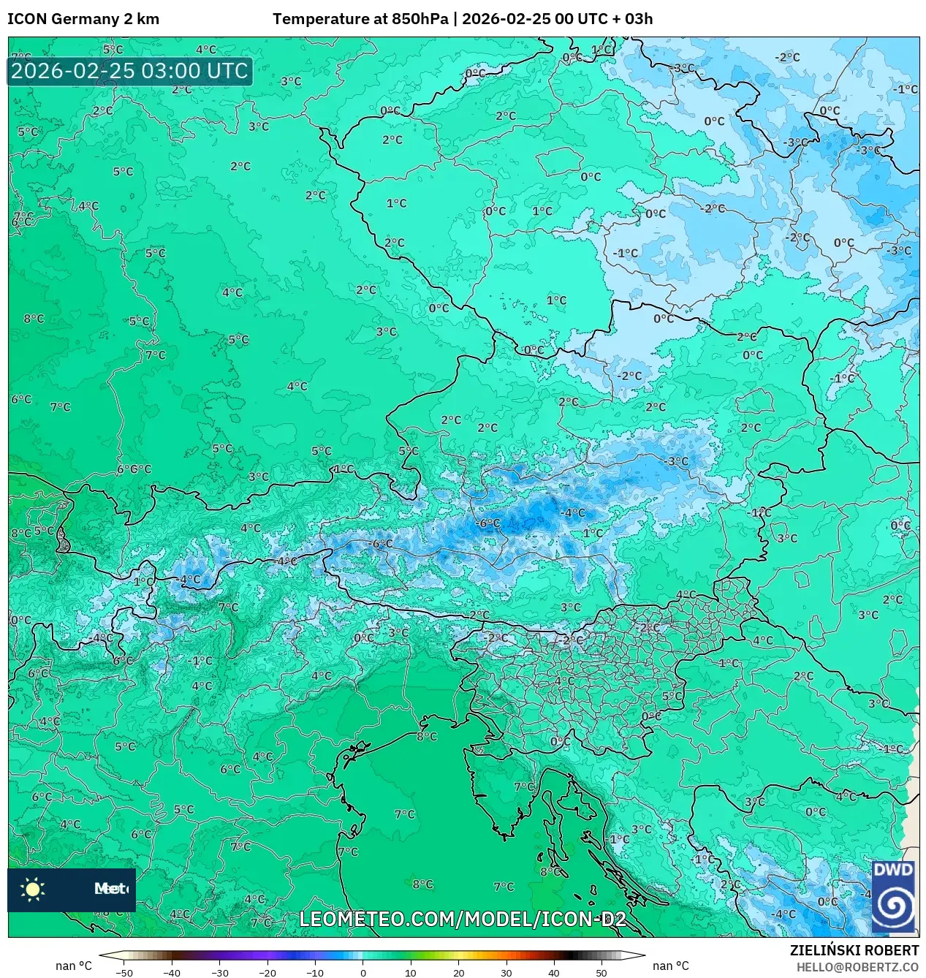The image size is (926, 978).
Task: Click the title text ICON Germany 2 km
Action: [83, 19]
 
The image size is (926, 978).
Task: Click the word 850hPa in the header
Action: [420, 19]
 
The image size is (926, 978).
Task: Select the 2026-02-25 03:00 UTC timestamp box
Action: [129, 71]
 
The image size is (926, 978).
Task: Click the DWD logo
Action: [893, 896]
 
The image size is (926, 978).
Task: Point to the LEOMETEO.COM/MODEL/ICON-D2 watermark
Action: [463, 919]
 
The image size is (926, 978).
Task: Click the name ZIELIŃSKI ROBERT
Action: [854, 950]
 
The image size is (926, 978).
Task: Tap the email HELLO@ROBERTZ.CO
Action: [857, 967]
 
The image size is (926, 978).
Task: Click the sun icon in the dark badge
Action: [33, 889]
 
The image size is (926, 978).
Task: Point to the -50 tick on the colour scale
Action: [124, 973]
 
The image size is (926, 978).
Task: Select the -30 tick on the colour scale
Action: [219, 973]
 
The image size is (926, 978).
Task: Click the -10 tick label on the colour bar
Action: [315, 973]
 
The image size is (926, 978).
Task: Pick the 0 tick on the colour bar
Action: [363, 973]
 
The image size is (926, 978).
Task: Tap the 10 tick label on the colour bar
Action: [411, 973]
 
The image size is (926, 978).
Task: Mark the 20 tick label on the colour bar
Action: [458, 973]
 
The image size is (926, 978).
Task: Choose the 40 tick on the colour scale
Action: [553, 973]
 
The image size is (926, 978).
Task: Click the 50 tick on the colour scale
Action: [601, 973]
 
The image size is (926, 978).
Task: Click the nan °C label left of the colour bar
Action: [74, 966]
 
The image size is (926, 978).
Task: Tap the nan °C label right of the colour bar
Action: [670, 966]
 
